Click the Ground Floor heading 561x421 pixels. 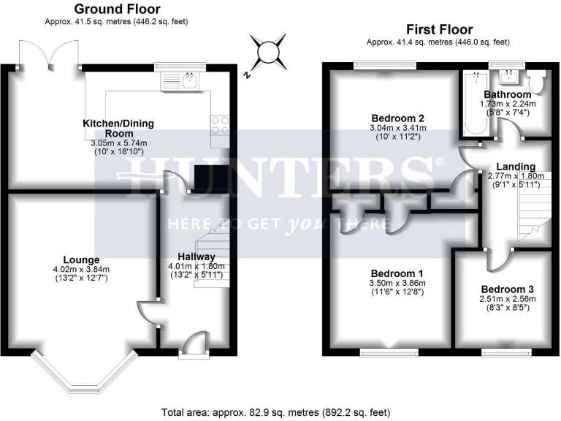[x=116, y=9]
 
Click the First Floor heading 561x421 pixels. [x=439, y=29]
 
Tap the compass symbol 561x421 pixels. [x=268, y=53]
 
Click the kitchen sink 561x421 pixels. [x=191, y=80]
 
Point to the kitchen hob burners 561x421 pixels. [x=220, y=126]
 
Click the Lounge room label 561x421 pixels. [x=81, y=259]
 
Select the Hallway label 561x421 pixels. [x=196, y=257]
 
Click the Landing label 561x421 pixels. [x=511, y=167]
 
